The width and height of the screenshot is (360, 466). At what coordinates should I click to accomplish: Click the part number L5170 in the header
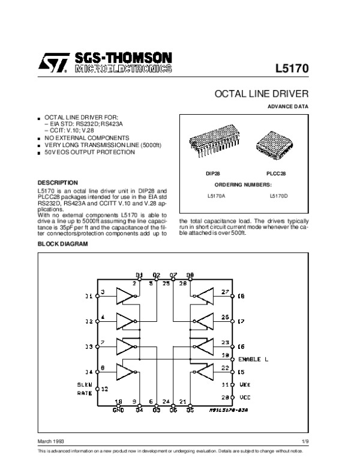292,68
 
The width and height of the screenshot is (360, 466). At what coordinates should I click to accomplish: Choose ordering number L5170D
278,195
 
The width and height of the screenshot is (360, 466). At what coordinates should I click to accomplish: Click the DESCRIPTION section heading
58,182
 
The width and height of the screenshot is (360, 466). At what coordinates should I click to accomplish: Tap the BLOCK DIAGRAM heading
62,244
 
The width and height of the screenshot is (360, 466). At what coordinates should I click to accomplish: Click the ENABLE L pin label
253,359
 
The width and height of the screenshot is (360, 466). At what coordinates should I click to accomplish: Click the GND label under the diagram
118,410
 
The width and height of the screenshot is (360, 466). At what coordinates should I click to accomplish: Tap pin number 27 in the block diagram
225,291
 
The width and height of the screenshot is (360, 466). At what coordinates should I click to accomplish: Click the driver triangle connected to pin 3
126,296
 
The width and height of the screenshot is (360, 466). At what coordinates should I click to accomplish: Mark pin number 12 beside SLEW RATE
104,389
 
